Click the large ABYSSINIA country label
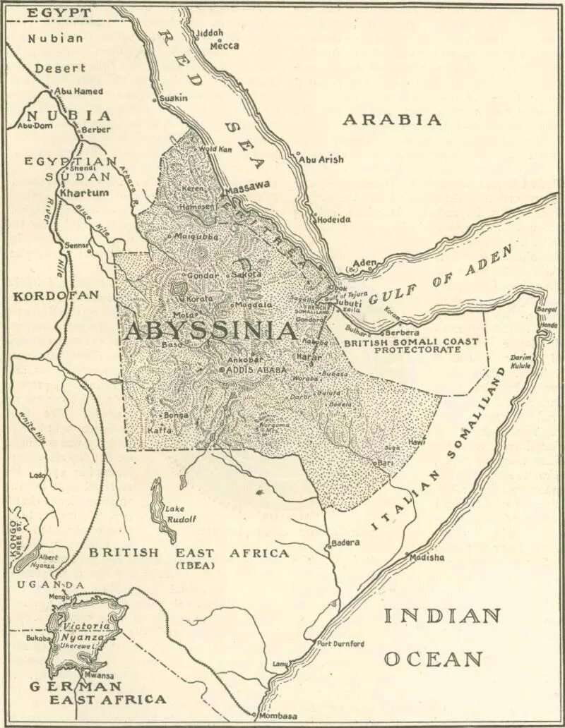click(x=210, y=332)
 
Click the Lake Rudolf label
click(x=180, y=514)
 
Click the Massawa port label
click(x=246, y=185)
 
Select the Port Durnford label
click(x=340, y=643)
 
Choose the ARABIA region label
click(x=392, y=120)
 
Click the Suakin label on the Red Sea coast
click(x=174, y=98)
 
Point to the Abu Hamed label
click(x=78, y=91)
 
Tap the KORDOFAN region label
click(x=56, y=296)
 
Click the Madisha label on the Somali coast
click(x=428, y=557)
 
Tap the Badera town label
click(x=347, y=542)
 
